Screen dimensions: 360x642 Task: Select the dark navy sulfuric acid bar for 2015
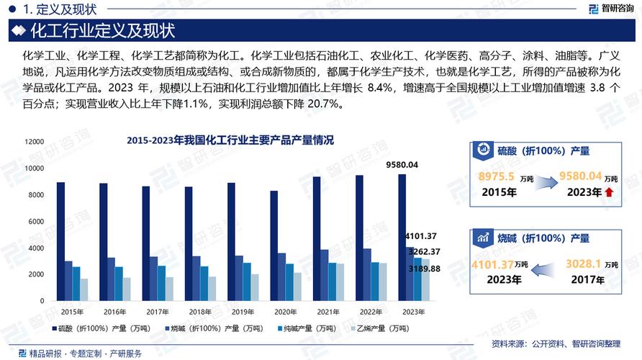[x=60, y=240]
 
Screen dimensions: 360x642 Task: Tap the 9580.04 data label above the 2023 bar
[x=402, y=165]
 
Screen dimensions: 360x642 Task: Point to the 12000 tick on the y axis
[x=34, y=142]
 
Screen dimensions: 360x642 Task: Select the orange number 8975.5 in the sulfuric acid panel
[x=497, y=176]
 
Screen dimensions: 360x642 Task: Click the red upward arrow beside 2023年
[x=610, y=193]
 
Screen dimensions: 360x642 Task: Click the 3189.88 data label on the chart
[x=421, y=268]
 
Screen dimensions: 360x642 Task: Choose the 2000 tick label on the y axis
[x=36, y=274]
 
